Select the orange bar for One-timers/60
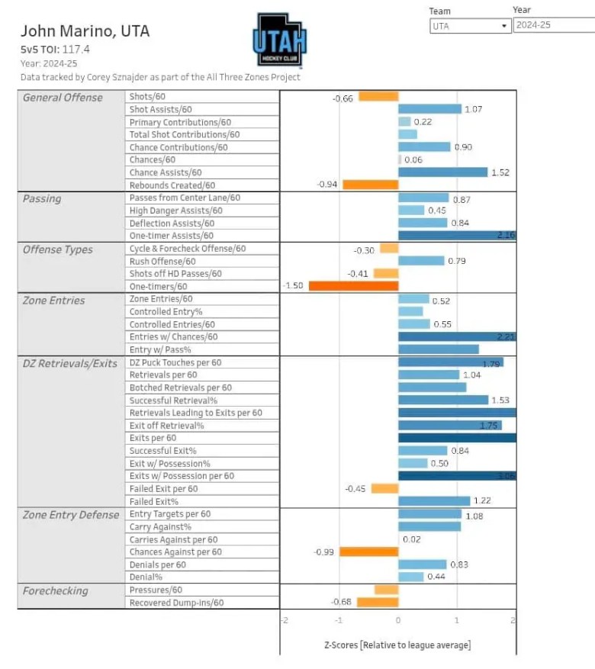[x=341, y=286]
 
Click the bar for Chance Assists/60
[x=442, y=172]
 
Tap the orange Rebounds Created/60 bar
[x=370, y=185]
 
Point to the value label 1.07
[x=474, y=110]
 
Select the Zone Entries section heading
[x=53, y=301]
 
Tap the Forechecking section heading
[x=55, y=591]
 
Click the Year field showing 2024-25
[x=553, y=25]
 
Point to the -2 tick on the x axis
[x=283, y=621]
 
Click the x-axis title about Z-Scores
[x=397, y=645]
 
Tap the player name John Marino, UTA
[x=85, y=31]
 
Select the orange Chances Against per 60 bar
[x=368, y=552]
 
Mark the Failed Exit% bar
[x=434, y=501]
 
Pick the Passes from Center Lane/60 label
[x=185, y=198]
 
